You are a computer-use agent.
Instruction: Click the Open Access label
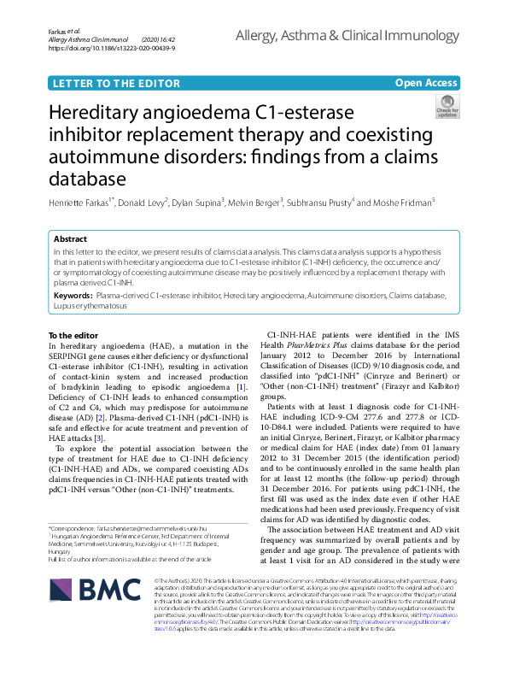pos(426,82)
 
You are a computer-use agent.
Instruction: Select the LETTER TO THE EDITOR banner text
pos(107,83)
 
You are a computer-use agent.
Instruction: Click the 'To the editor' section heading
pos(73,335)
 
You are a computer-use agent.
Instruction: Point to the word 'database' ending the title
pos(85,179)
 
